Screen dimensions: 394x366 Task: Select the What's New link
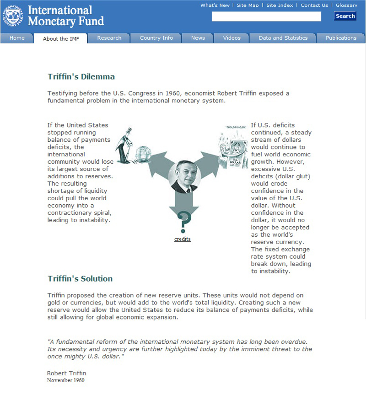click(215, 5)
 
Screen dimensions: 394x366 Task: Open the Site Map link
click(248, 5)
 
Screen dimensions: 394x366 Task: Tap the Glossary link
click(346, 5)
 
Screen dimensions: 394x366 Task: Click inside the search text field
click(266, 16)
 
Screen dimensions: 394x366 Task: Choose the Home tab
click(17, 38)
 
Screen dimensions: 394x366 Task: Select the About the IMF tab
click(61, 38)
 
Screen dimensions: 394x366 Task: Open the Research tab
click(109, 38)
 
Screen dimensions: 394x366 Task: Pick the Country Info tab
click(156, 38)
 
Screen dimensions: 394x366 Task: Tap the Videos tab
click(231, 38)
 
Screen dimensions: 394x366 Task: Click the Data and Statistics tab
click(283, 38)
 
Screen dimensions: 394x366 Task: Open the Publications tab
click(341, 38)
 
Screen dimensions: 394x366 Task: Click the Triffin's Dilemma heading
click(81, 77)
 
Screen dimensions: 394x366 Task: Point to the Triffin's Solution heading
click(80, 278)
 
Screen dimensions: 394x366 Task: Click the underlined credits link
click(183, 239)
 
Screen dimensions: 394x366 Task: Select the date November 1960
click(65, 380)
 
